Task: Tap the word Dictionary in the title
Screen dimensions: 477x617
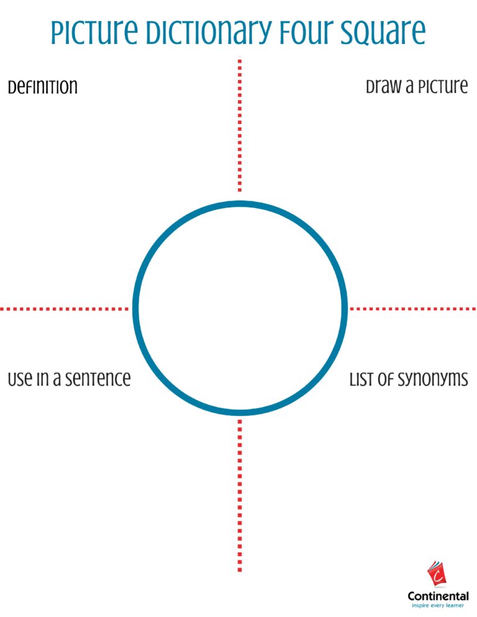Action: (x=209, y=32)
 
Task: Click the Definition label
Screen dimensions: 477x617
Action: (x=42, y=86)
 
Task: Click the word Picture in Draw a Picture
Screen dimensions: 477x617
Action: (x=443, y=86)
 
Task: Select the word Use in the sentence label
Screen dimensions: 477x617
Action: (x=20, y=379)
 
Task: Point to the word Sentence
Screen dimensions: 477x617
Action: (x=98, y=379)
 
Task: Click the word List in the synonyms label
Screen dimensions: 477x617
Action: (x=360, y=379)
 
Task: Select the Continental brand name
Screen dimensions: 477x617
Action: (x=438, y=596)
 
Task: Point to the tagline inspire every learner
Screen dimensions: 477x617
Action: (x=438, y=606)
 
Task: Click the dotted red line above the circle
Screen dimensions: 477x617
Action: (x=240, y=125)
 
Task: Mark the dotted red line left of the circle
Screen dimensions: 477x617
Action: (x=64, y=309)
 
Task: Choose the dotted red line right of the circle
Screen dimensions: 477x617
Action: (x=413, y=309)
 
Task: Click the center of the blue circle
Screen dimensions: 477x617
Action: (x=240, y=308)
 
